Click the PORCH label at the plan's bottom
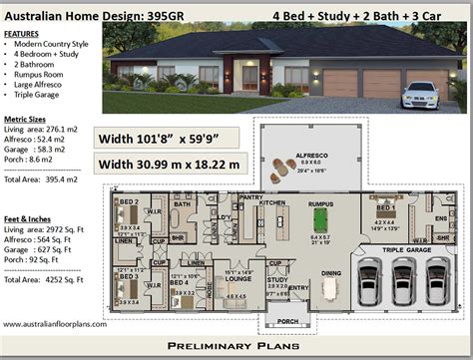287,320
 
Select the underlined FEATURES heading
22,34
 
